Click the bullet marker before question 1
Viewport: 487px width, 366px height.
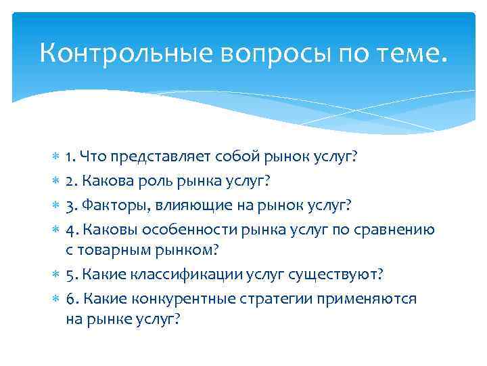(55, 158)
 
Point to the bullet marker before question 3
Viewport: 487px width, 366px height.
(55, 205)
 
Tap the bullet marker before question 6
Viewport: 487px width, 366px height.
(55, 300)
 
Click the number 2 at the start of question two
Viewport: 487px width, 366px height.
(70, 182)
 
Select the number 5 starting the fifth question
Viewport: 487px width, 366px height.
(70, 276)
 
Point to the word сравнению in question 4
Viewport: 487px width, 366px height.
(399, 229)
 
